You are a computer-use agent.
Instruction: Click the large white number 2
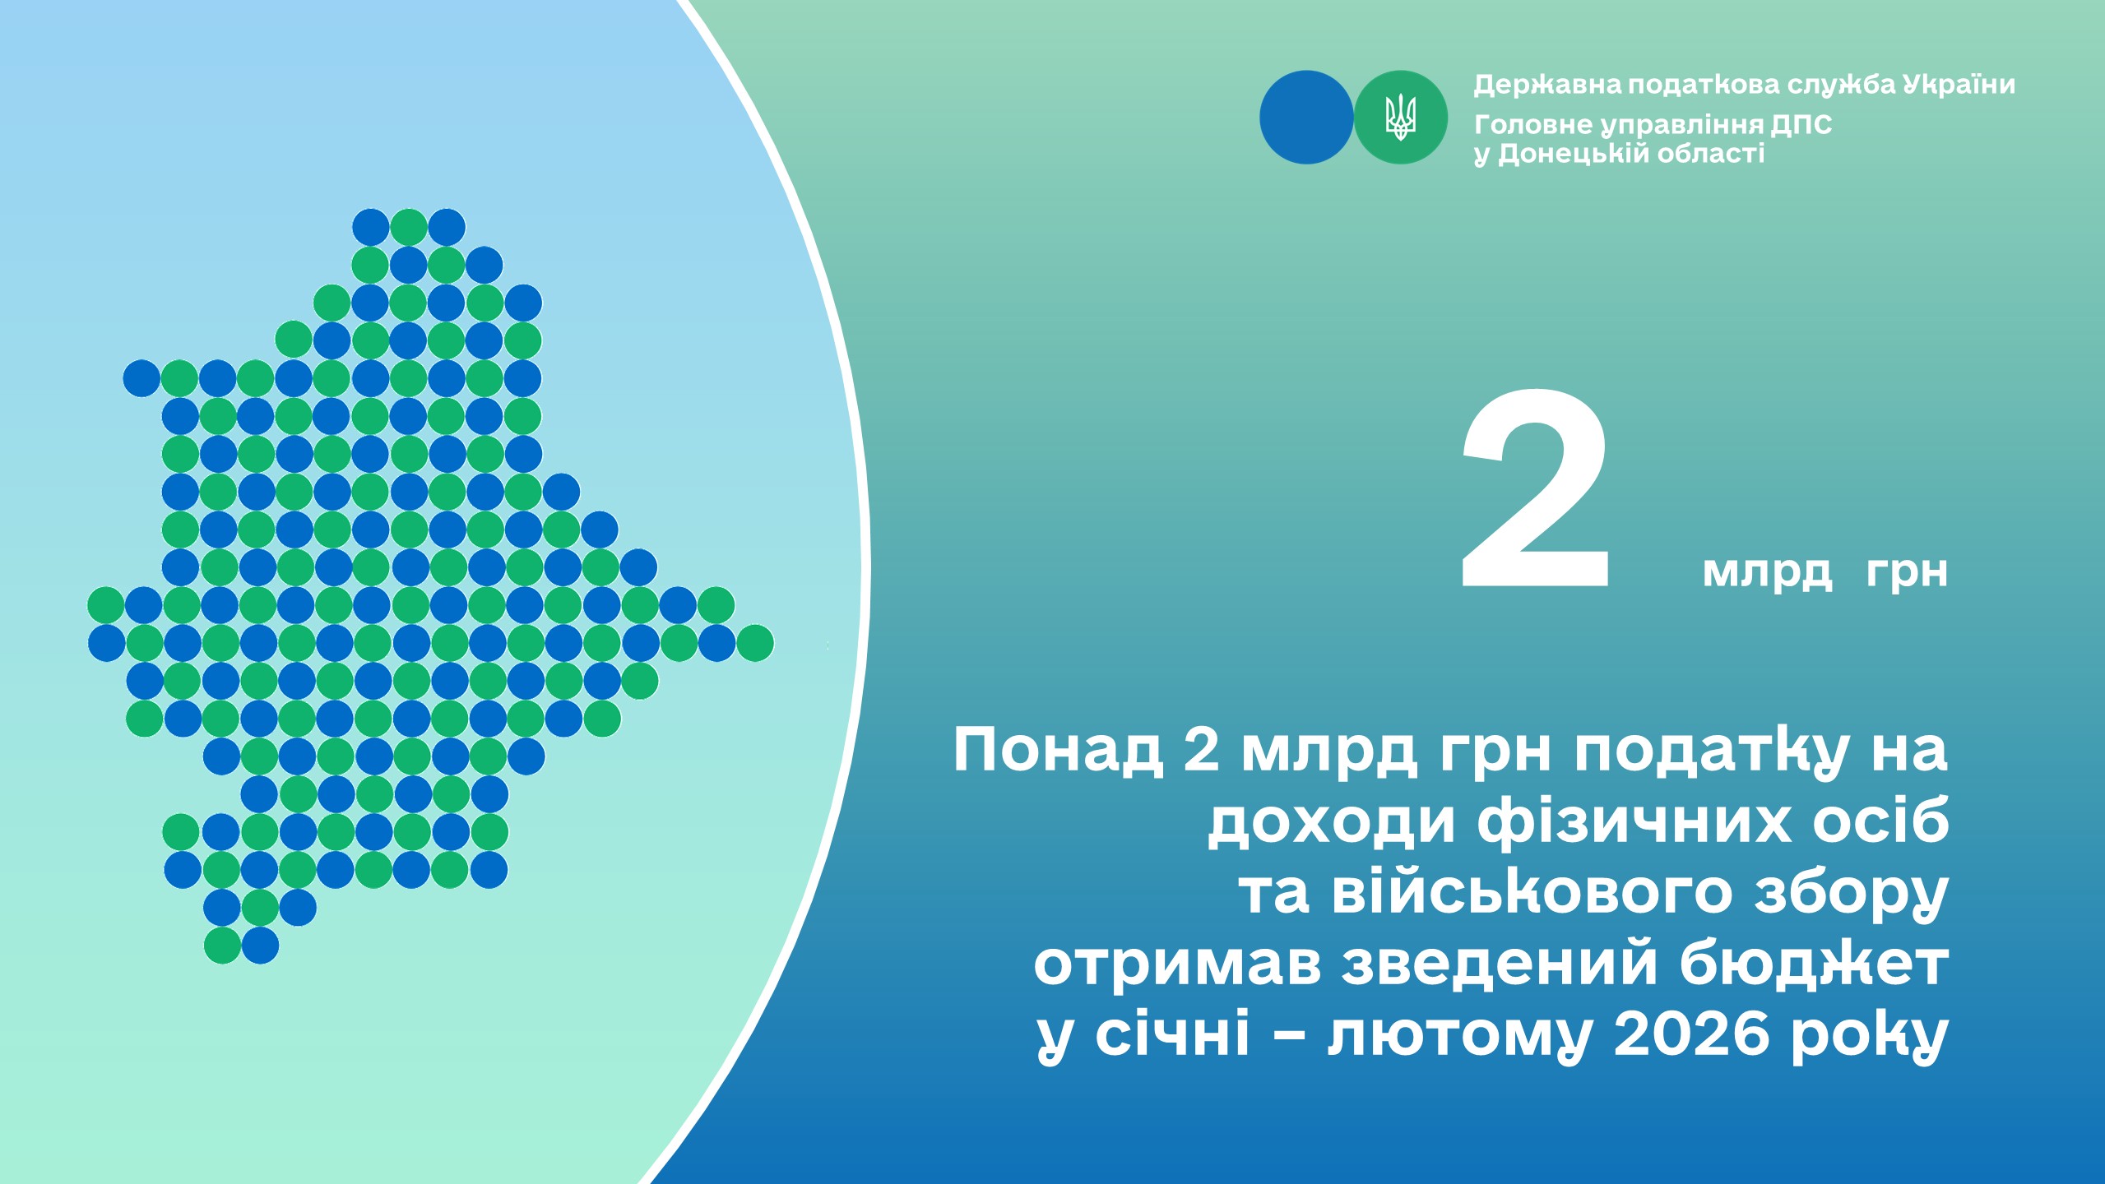[x=1535, y=488]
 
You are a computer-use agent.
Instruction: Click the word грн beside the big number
[x=1907, y=573]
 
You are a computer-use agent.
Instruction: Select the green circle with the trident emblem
[x=1401, y=117]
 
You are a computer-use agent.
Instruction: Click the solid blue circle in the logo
[x=1306, y=117]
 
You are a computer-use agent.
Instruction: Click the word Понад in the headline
[x=1058, y=749]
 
